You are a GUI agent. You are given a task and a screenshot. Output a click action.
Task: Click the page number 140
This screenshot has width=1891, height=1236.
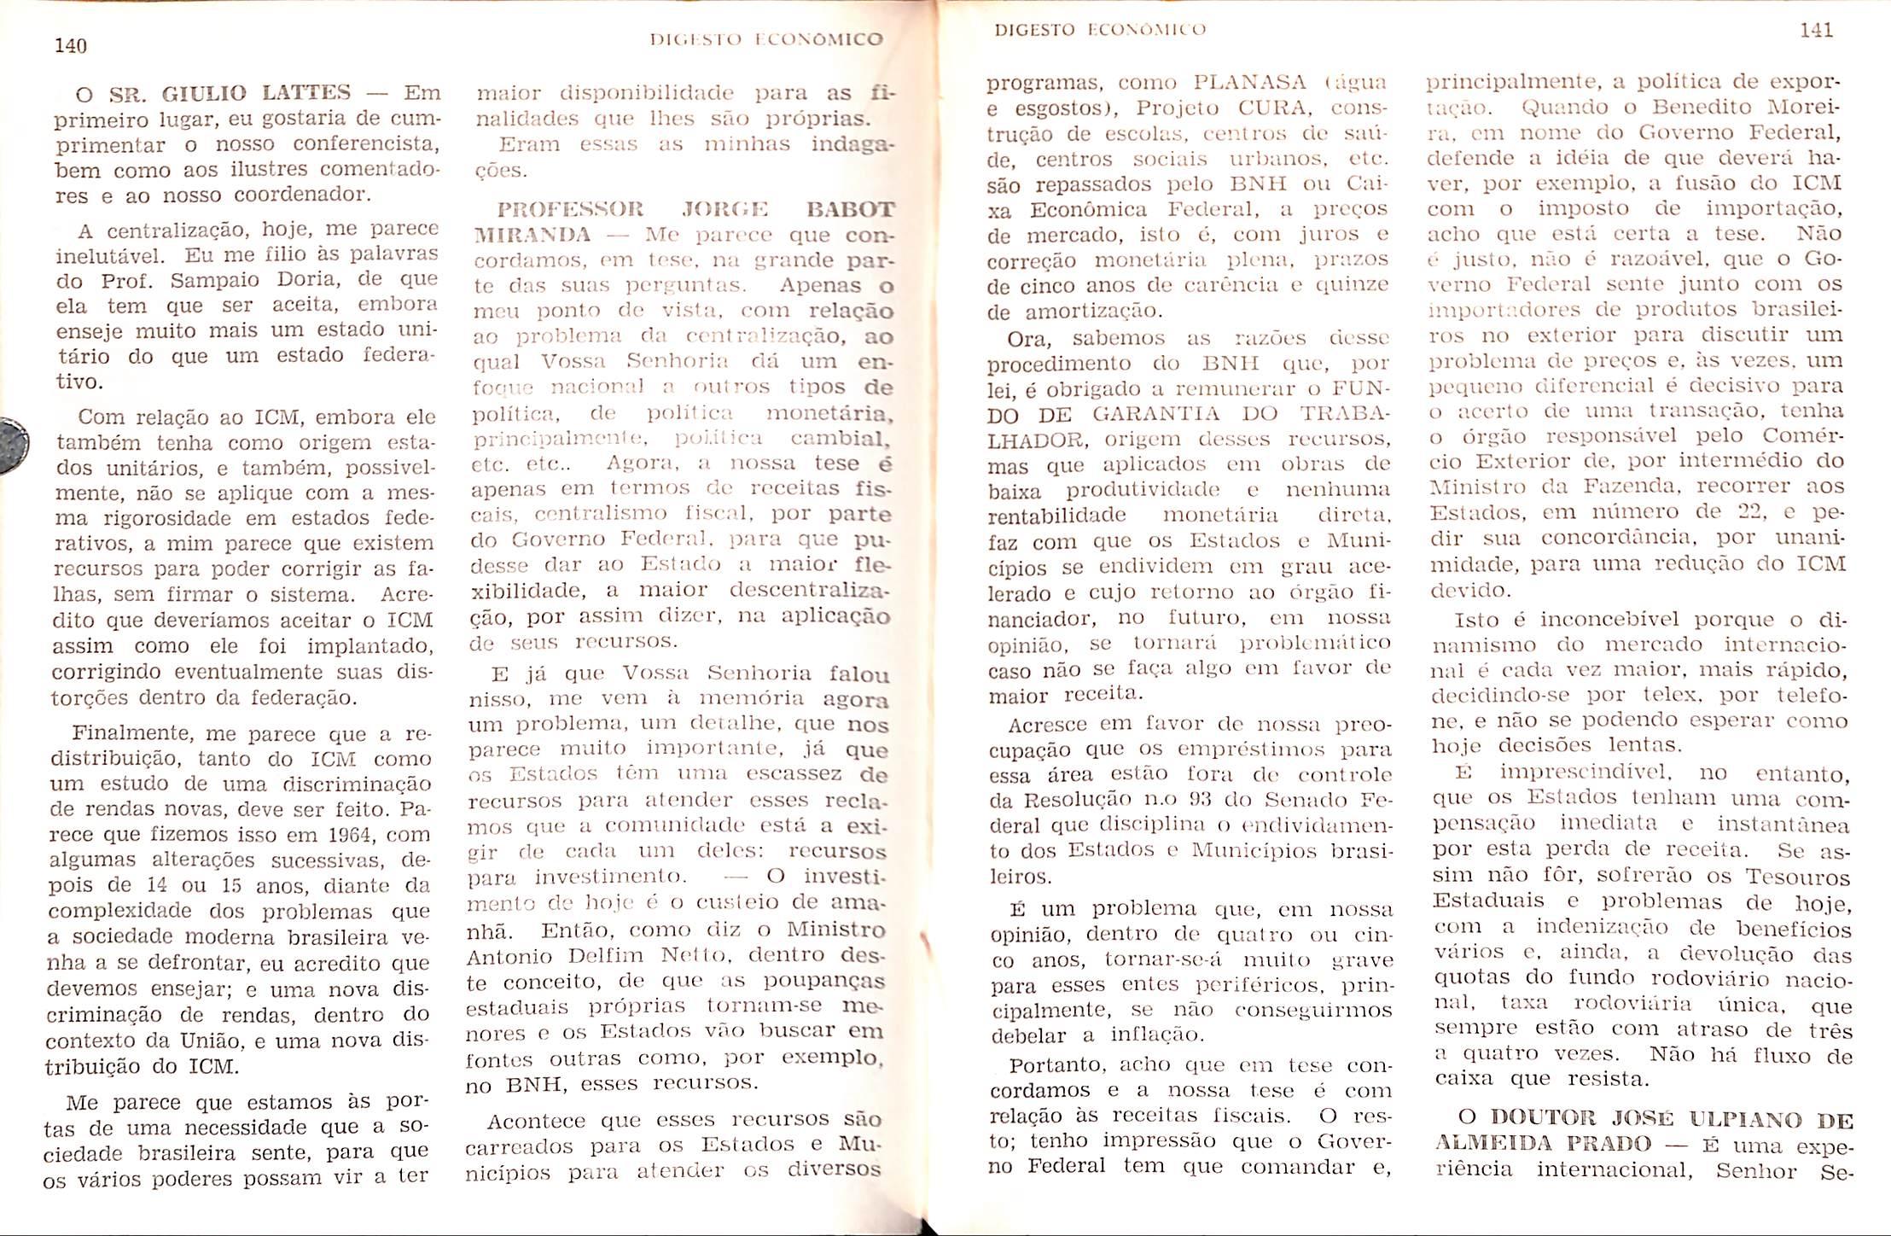tap(71, 46)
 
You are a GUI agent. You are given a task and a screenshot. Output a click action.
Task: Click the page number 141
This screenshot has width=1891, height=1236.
tap(1816, 31)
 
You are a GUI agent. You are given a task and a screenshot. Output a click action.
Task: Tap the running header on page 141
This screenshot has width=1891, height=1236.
tap(1100, 30)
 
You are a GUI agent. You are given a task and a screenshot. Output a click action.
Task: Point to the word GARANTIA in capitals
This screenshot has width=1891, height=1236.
tap(1150, 414)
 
